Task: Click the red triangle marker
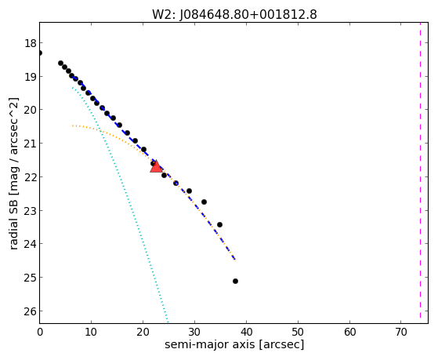tap(156, 167)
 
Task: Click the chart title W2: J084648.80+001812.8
tap(234, 14)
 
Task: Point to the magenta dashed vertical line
tap(420, 170)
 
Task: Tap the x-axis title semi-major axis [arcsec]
tap(234, 344)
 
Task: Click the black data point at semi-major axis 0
tap(40, 53)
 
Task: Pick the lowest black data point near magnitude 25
tap(235, 281)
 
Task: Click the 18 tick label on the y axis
tap(30, 43)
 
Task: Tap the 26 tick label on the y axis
tap(30, 311)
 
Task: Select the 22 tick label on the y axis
tap(30, 177)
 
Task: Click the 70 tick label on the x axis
tap(401, 332)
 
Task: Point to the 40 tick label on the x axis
tap(246, 332)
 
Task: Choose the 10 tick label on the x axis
tap(91, 332)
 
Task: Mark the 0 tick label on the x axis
tap(40, 332)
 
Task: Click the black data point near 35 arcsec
tap(219, 224)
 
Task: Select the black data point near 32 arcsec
tap(204, 202)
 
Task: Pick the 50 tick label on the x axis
tap(298, 332)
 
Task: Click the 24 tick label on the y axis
tap(30, 244)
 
